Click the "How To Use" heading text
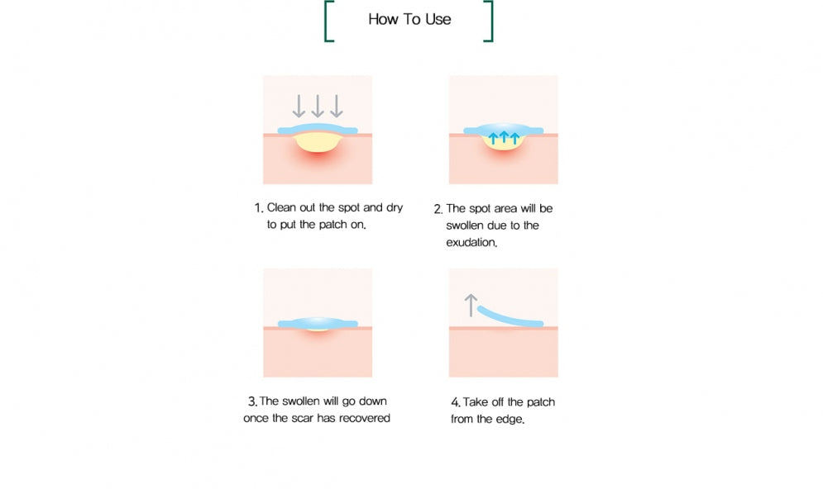point(409,19)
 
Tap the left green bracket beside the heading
point(326,21)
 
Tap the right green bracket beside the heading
point(491,21)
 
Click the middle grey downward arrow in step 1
point(318,106)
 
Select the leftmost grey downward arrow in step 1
point(299,106)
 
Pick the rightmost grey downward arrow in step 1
point(337,106)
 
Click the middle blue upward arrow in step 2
point(504,137)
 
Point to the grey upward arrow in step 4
point(471,305)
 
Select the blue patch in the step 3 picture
point(318,323)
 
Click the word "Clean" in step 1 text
point(282,207)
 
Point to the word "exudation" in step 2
point(471,242)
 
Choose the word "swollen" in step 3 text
point(301,401)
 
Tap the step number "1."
point(259,208)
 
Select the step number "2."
point(438,209)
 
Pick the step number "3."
point(252,401)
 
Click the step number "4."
point(456,402)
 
